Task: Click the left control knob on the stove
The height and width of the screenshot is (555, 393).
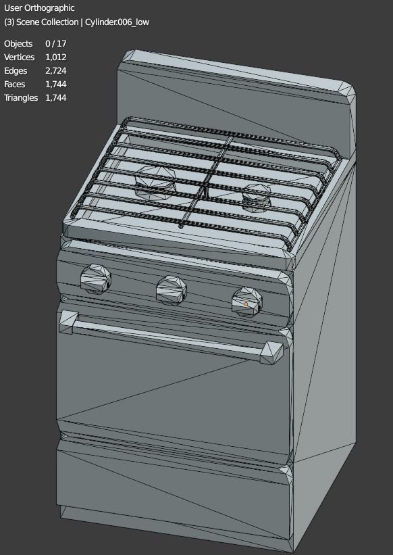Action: tap(94, 278)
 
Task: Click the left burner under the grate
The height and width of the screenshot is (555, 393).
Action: tap(155, 180)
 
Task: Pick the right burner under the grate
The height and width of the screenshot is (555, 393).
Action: tap(257, 197)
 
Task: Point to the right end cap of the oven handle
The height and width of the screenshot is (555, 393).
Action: tap(271, 352)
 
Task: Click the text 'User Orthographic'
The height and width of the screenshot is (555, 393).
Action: tap(39, 8)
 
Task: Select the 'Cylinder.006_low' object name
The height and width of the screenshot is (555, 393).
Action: tap(117, 22)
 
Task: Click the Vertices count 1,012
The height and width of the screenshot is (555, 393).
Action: tap(55, 57)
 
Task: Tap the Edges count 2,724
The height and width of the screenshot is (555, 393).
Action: tap(55, 71)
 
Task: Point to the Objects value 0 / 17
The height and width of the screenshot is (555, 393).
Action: tap(55, 44)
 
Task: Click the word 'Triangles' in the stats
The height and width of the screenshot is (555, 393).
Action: tap(21, 98)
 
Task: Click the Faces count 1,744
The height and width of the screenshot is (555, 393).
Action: tap(55, 85)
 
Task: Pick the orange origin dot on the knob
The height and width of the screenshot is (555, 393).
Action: tap(246, 305)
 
